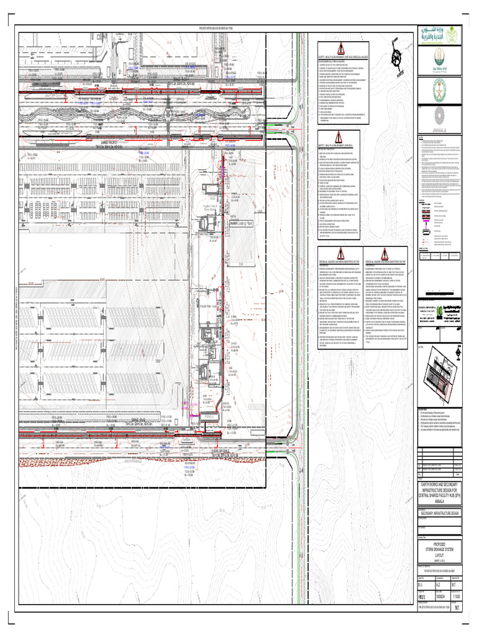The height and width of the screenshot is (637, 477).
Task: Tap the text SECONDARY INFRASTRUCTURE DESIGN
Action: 440,514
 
